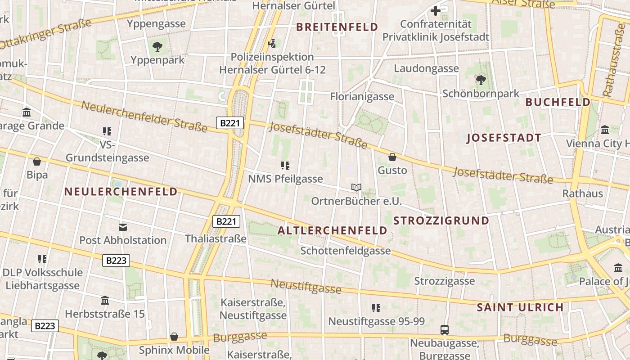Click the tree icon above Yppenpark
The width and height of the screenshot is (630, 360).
157,46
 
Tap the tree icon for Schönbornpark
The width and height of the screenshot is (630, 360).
481,80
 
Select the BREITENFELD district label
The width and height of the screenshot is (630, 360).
337,27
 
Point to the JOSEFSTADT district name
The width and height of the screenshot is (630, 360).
504,138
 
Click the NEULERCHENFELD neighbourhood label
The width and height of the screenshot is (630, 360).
121,192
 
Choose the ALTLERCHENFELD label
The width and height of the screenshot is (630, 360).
332,230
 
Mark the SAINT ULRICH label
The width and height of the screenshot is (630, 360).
520,307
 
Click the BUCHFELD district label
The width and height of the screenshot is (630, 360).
558,102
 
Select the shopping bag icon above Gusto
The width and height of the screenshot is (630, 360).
392,157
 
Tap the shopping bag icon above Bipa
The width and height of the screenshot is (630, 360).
37,161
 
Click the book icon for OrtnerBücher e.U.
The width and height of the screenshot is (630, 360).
356,187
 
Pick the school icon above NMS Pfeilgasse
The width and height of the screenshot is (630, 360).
285,165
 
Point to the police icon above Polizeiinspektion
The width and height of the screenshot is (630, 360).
272,44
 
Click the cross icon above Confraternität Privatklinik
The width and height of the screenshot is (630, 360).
436,11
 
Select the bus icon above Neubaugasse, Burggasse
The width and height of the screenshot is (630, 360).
444,330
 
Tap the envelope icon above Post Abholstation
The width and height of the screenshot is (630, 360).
123,227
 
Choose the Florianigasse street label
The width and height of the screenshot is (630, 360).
362,96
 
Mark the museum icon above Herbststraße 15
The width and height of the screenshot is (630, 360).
105,300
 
